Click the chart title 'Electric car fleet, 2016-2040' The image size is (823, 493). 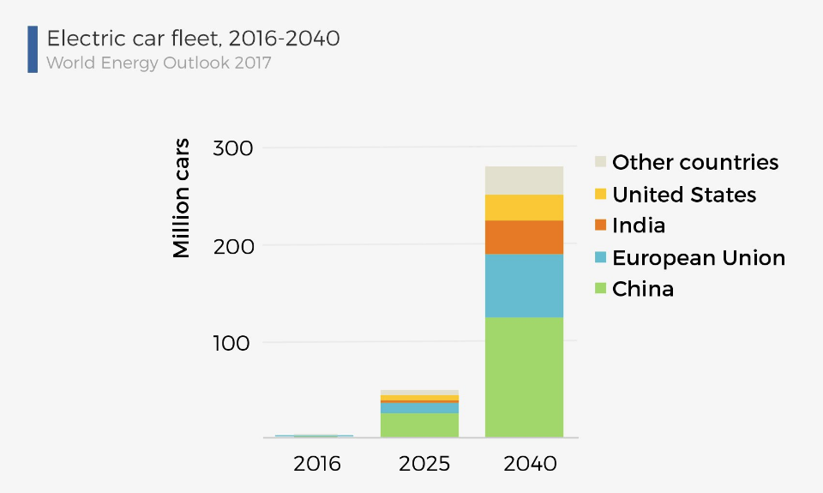pos(193,39)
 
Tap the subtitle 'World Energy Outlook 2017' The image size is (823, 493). pos(159,63)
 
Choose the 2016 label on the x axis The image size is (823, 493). pos(316,464)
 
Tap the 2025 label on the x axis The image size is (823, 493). pos(424,464)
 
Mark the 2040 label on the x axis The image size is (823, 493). pos(530,464)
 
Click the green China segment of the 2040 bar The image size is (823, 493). pos(524,377)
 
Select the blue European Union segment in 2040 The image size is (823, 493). pos(524,286)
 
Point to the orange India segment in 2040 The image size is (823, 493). pos(524,237)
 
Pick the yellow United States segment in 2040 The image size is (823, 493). pos(524,207)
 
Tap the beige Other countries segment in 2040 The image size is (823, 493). pos(524,180)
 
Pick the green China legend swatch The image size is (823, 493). pos(601,289)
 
